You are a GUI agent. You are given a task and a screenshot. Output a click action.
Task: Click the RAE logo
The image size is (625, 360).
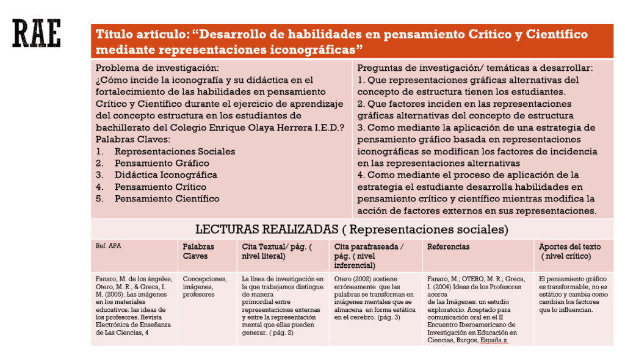click(37, 34)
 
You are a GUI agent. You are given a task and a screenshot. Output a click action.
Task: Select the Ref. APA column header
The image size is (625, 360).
click(105, 246)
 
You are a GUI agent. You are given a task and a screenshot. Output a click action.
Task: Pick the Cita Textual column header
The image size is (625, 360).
click(276, 251)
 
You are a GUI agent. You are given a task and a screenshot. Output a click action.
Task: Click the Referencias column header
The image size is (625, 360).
click(448, 247)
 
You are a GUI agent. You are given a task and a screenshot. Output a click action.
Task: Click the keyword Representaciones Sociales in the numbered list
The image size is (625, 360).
click(175, 151)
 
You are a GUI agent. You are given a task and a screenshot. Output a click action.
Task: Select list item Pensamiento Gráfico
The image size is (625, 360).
click(162, 163)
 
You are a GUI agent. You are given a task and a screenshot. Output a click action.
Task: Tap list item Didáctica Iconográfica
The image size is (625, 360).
click(165, 175)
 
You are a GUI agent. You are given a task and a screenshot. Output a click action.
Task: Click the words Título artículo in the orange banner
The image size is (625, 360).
click(141, 34)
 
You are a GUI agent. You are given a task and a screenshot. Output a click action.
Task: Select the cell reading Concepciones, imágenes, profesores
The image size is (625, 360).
click(205, 287)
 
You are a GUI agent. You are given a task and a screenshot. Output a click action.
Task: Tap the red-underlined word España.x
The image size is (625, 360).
click(494, 340)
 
